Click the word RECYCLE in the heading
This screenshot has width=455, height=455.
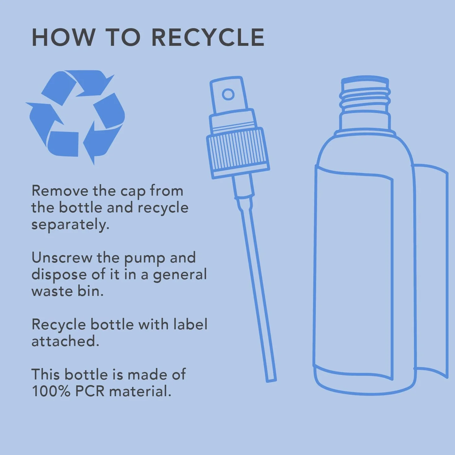pos(208,37)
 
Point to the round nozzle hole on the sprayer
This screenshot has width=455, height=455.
pos(228,94)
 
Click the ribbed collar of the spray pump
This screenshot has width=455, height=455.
pos(238,153)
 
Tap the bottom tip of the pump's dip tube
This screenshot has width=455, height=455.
pos(272,380)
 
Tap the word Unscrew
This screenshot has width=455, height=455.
pos(62,258)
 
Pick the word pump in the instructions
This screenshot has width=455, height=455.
pos(144,259)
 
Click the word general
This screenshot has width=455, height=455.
pos(180,275)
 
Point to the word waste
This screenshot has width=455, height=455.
pos(52,292)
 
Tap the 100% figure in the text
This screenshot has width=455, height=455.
pos(51,392)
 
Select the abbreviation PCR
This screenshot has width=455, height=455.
pos(90,392)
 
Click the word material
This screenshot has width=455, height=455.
pos(140,392)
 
